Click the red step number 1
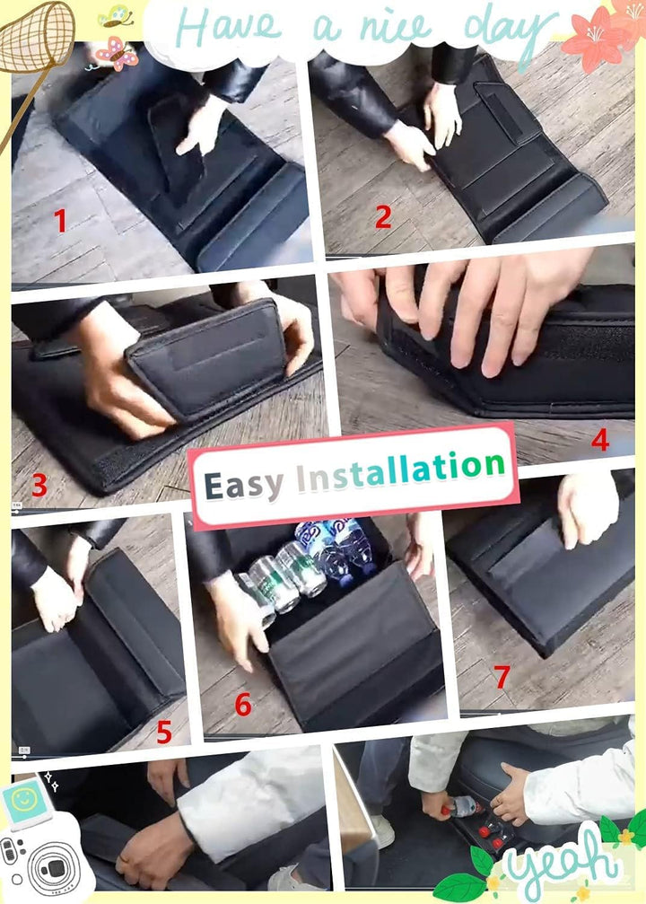(60, 220)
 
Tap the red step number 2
(383, 216)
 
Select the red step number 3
(39, 485)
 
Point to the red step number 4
(600, 440)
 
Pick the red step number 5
(164, 733)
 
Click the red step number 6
(243, 705)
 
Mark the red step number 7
(502, 676)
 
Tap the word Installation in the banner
(401, 470)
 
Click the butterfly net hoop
(36, 36)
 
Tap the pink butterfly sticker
(117, 53)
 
